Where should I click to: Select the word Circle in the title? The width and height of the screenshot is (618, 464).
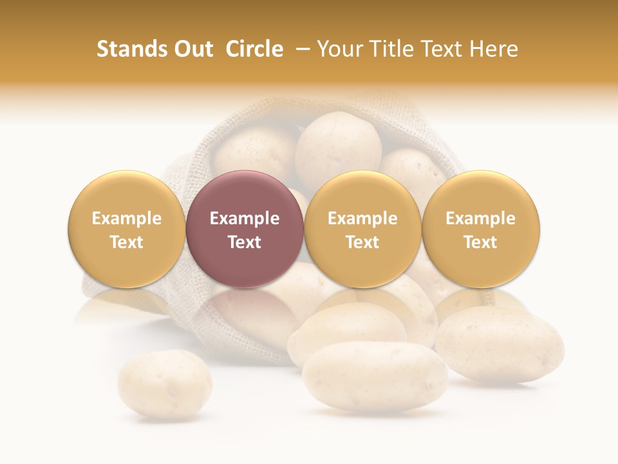(254, 49)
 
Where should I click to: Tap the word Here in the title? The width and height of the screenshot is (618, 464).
(496, 49)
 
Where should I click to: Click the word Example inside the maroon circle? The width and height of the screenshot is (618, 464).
(245, 218)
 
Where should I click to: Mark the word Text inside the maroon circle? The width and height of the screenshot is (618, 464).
(245, 242)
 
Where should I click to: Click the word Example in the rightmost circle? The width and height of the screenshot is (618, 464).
(481, 218)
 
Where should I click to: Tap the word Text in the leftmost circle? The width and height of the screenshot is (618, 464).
(126, 242)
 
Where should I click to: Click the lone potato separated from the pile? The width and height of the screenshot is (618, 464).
(165, 383)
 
